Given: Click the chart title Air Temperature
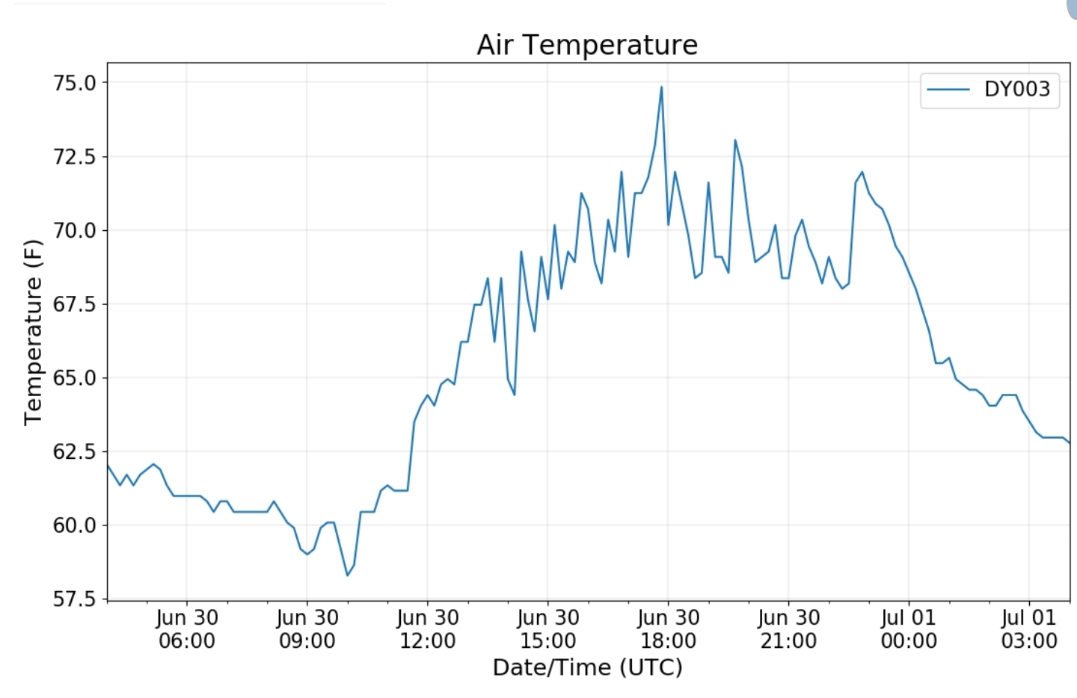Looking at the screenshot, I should click(x=587, y=45).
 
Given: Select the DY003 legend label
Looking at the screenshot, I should click(x=1016, y=89).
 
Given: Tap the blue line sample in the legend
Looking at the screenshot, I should click(x=948, y=90).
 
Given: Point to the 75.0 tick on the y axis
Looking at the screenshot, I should click(x=75, y=83).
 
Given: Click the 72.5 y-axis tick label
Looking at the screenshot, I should click(x=75, y=157).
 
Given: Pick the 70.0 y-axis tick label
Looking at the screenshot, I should click(x=75, y=230).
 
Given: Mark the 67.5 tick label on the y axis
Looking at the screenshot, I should click(x=75, y=304).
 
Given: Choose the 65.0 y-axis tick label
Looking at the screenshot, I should click(x=75, y=378).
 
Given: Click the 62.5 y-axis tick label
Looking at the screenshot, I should click(x=75, y=451).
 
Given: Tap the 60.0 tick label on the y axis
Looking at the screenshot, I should click(x=75, y=525).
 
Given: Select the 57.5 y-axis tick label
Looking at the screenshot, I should click(x=75, y=599).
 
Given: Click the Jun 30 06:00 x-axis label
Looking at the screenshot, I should click(x=187, y=629).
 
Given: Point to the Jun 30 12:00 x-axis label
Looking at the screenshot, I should click(x=427, y=629).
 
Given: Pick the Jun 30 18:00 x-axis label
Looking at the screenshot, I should click(x=668, y=629).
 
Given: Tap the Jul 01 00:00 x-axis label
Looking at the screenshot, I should click(x=909, y=629).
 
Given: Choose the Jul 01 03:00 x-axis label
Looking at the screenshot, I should click(x=1029, y=629).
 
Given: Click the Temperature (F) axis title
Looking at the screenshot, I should click(x=33, y=333).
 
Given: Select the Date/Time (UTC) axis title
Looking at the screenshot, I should click(x=587, y=667).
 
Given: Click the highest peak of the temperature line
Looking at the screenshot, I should click(x=661, y=87).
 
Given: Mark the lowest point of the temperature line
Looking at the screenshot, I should click(x=347, y=575).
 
